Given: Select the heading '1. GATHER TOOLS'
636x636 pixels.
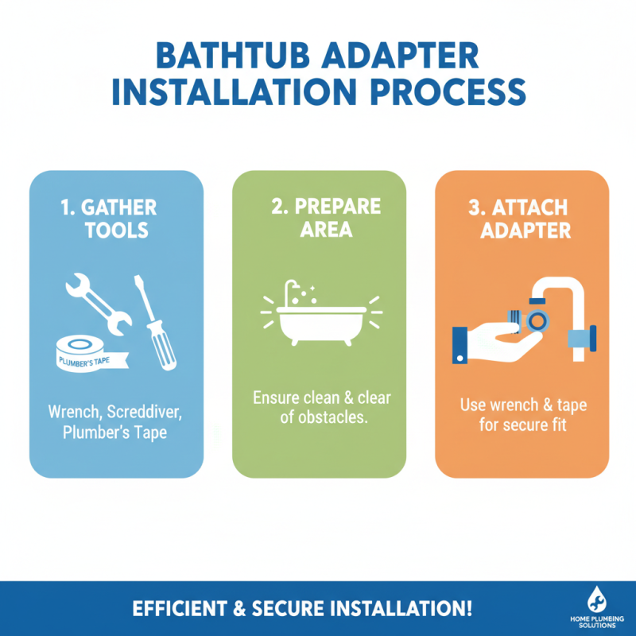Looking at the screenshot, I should coord(109,219).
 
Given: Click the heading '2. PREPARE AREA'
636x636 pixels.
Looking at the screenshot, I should coord(319,219).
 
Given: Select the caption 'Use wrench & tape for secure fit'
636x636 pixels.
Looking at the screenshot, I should coord(522,415).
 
